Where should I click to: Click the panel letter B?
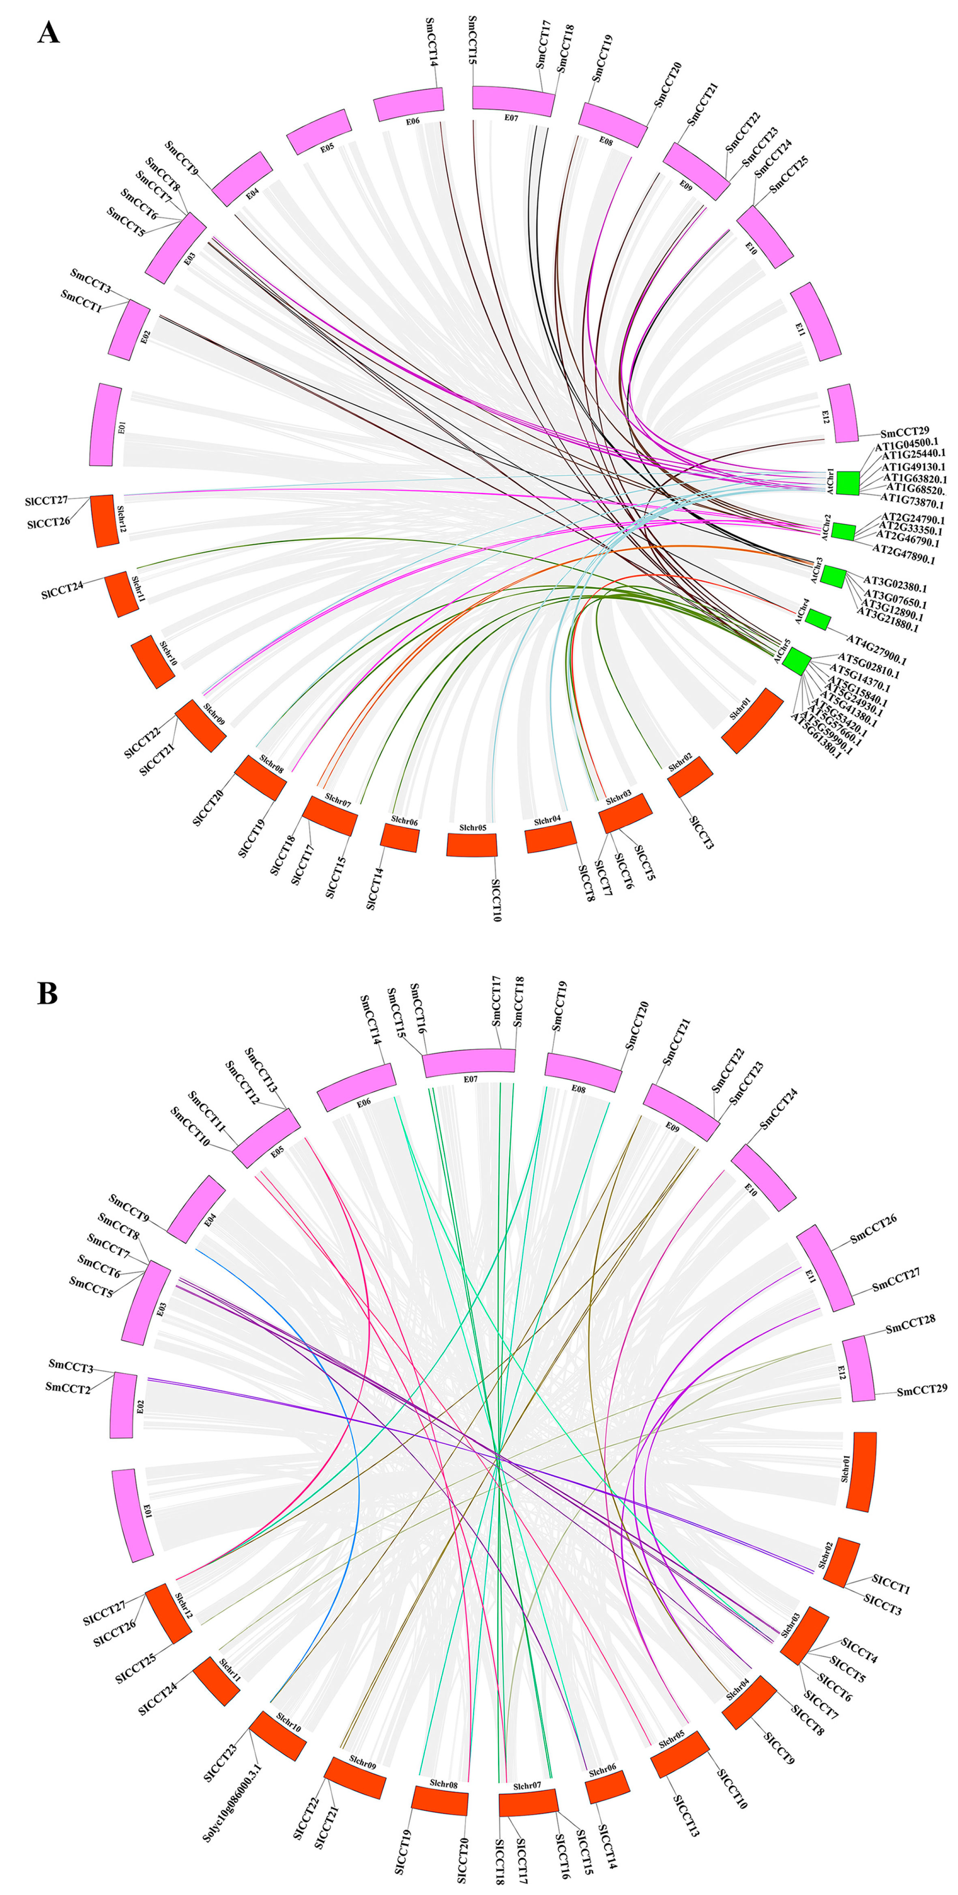tap(47, 993)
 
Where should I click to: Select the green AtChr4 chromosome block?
tap(818, 619)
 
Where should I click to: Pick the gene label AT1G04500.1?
tap(906, 443)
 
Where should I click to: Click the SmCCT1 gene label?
tap(81, 300)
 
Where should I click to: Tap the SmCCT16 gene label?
tap(416, 1008)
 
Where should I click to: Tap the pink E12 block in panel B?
tap(858, 1368)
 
